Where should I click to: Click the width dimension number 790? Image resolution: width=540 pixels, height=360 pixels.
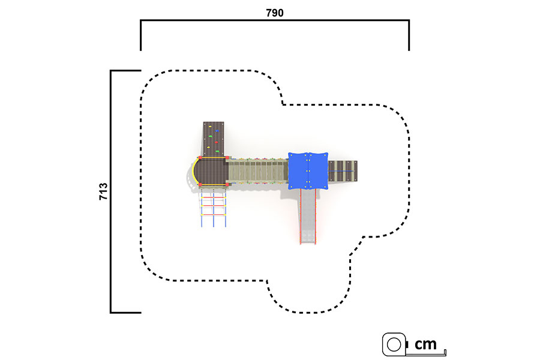point(274,13)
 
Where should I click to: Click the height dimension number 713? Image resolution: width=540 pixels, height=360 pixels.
point(103,191)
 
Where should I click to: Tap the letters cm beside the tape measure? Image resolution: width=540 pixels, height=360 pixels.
point(425,344)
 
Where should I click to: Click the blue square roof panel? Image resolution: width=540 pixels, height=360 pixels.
point(308,171)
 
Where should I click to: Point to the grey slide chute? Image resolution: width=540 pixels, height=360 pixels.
point(308,217)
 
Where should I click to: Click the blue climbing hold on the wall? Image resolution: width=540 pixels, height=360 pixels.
point(217,130)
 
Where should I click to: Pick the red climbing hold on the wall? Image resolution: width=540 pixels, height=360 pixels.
point(216,142)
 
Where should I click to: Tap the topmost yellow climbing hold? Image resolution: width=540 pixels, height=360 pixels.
point(209,136)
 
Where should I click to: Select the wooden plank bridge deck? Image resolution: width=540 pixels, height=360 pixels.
point(257,171)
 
